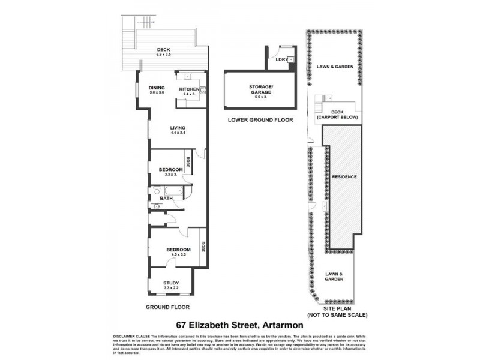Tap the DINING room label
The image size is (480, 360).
click(x=157, y=88)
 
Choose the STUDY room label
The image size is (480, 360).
click(x=172, y=283)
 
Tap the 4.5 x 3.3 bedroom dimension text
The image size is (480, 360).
click(x=178, y=255)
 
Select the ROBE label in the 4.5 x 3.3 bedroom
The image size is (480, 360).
click(x=203, y=246)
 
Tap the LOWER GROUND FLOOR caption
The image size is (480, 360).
click(x=260, y=120)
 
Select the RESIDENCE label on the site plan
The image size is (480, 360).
click(x=344, y=178)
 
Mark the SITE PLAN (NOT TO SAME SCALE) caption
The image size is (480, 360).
click(x=337, y=311)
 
